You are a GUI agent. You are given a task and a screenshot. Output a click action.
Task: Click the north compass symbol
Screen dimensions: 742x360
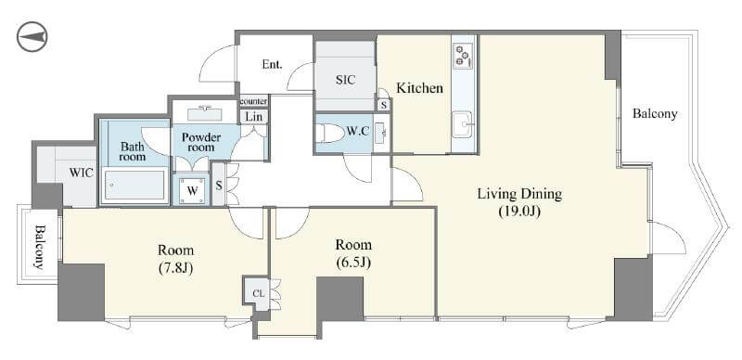(x=32, y=36)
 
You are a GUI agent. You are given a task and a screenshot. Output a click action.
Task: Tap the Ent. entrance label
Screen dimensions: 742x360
(x=272, y=65)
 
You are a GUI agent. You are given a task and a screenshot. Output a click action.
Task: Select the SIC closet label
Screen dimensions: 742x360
(x=345, y=80)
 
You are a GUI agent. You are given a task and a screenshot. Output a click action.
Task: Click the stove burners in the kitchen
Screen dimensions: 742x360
(x=461, y=55)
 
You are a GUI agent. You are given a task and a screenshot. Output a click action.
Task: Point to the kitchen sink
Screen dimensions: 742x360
(x=462, y=124)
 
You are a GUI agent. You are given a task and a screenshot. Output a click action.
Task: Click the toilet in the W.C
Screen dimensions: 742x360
(x=329, y=133)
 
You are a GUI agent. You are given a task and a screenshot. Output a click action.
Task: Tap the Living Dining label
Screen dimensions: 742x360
(x=519, y=194)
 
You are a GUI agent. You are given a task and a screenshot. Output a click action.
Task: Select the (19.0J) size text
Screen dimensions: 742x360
(x=519, y=212)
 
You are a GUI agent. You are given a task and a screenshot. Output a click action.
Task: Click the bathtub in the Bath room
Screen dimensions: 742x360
(x=134, y=186)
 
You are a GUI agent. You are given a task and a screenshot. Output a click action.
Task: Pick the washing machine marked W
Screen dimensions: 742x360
(x=192, y=190)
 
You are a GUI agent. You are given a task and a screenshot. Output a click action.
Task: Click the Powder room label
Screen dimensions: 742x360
(x=201, y=142)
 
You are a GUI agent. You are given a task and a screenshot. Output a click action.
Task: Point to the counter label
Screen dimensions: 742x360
(x=254, y=101)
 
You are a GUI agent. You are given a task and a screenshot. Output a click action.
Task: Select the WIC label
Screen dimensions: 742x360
(x=81, y=173)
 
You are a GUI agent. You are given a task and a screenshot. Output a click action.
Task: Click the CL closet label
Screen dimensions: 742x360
(x=258, y=294)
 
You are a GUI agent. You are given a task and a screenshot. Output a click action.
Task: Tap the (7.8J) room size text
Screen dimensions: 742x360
(x=176, y=268)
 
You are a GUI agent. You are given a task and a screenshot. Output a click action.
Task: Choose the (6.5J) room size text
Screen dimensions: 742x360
(x=353, y=262)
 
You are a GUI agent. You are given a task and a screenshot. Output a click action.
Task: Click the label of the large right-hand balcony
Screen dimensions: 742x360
(x=655, y=114)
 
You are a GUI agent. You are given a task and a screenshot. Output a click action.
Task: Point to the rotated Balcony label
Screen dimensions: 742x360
(x=40, y=246)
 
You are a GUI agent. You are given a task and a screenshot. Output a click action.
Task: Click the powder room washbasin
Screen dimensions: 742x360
(x=204, y=114)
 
